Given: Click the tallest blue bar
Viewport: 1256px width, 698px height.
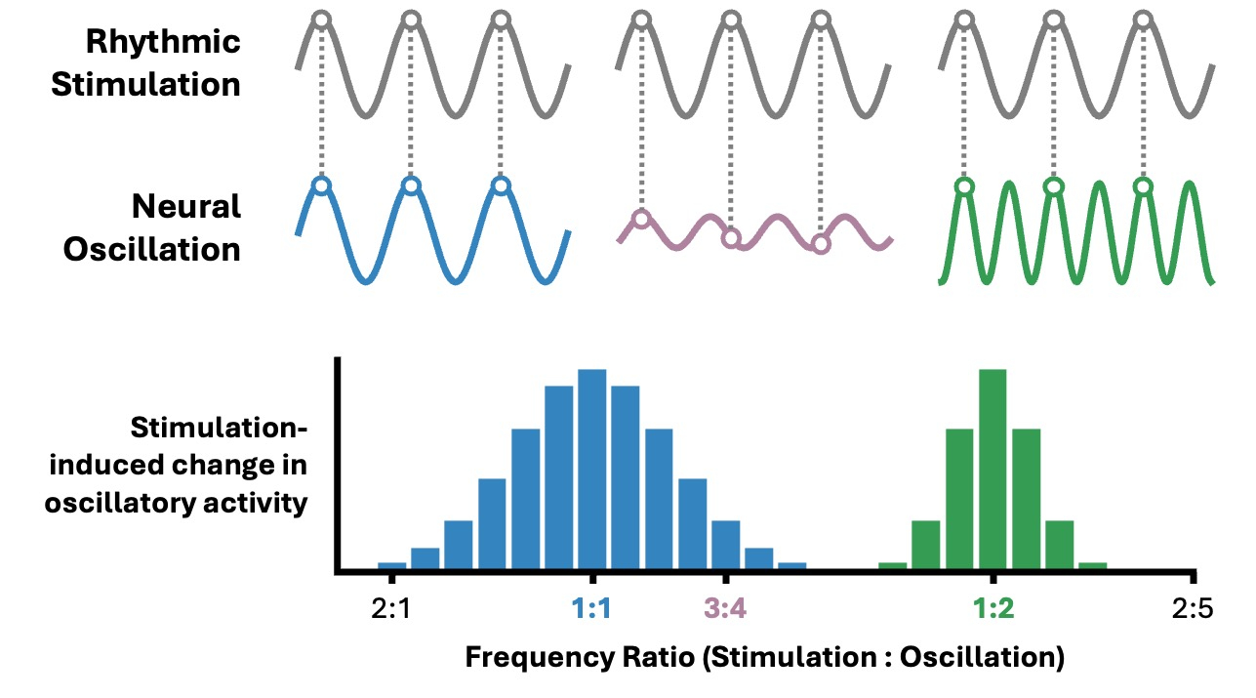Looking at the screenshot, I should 591,470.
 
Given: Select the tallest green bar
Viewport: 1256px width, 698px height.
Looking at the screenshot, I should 993,470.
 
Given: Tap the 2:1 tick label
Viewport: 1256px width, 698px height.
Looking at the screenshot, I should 391,610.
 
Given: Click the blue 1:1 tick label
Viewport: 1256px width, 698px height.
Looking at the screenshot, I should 591,610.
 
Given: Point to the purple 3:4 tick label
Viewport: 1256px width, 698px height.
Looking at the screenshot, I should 725,610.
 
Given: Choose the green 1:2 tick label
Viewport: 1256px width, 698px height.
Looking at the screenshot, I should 993,610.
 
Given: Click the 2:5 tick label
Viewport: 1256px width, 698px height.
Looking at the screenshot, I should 1193,610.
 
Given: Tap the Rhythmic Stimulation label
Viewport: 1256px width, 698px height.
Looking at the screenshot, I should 146,62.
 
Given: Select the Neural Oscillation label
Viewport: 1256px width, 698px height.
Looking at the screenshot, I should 152,227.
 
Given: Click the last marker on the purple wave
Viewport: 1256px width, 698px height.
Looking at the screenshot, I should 821,244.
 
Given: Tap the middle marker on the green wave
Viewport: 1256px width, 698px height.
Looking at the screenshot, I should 1053,185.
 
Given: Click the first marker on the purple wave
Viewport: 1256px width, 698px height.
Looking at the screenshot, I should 640,218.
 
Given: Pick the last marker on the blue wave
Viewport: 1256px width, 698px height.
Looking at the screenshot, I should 501,185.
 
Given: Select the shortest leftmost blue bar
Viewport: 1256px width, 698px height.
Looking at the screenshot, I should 391,565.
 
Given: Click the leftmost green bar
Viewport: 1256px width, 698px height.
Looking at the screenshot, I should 892,565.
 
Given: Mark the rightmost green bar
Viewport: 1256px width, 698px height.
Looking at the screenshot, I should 1092,565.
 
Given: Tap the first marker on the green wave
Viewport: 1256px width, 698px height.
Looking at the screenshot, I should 964,185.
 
